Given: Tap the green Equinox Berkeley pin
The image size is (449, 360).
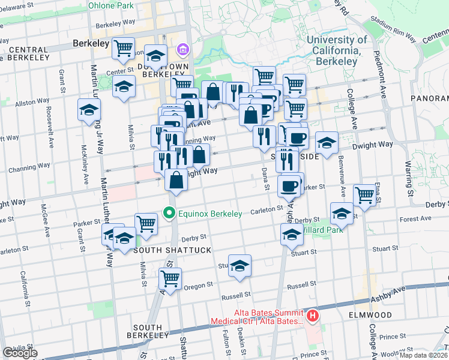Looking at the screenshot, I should (170, 213).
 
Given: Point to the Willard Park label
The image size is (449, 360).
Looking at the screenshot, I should (321, 230).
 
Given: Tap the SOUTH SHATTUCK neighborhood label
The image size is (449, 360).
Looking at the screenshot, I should (172, 250).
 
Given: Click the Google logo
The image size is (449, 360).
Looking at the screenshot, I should (20, 353).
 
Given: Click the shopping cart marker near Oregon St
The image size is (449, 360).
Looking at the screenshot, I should (170, 278).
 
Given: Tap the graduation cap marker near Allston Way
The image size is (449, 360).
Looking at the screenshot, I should (89, 110).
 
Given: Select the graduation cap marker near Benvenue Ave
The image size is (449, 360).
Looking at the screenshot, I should (342, 214).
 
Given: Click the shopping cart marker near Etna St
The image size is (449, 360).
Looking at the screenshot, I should (364, 194).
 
